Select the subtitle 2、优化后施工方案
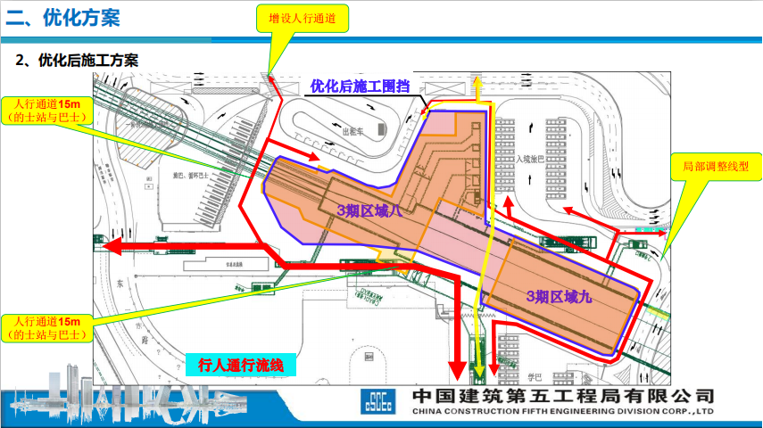[x=79, y=61]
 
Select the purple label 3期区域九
[x=559, y=296]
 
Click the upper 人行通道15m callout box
[x=47, y=111]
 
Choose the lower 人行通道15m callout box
[x=47, y=327]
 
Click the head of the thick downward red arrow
[x=456, y=368]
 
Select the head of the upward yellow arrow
[x=479, y=83]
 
